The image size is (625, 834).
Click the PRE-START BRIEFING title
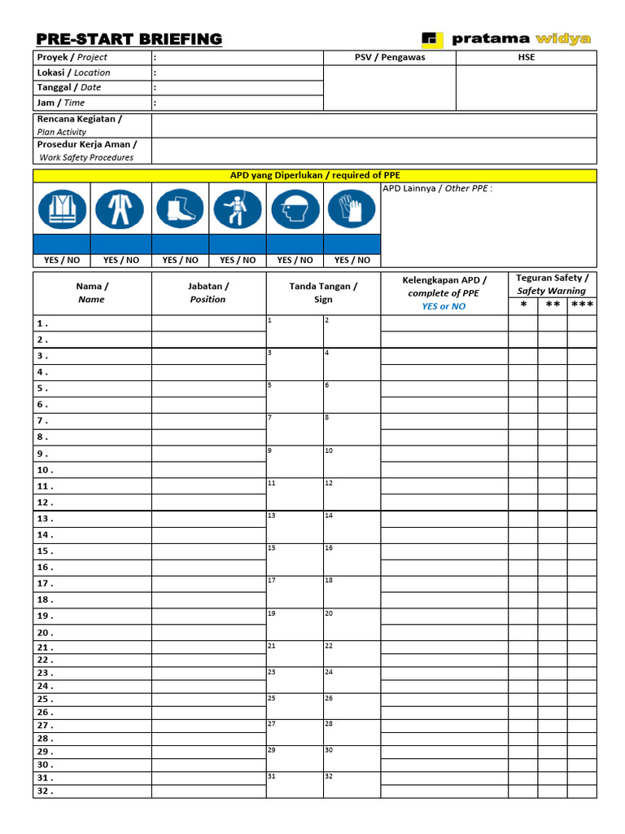pos(129,39)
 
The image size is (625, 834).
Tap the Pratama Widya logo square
pos(431,39)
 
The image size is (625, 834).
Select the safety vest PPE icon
pos(62,208)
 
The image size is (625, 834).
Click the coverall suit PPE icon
pos(120,208)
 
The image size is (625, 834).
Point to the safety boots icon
pos(180,208)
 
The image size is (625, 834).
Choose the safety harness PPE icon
pos(238,208)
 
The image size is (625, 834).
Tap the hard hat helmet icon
pos(295,208)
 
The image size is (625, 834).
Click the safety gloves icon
pos(352,208)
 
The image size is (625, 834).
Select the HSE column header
pos(527,58)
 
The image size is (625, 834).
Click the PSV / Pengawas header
pos(390,58)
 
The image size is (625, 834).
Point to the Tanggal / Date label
pos(69,88)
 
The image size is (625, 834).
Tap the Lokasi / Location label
pos(73,72)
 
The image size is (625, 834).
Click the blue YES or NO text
pos(444,307)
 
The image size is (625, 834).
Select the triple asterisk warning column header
pos(582,305)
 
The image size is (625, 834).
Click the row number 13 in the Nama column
pos(45,519)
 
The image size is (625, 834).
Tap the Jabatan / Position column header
pos(208,293)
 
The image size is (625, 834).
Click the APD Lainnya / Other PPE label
pos(438,189)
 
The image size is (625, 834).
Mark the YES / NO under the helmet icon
pos(295,261)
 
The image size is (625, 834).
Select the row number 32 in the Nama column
pos(45,792)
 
